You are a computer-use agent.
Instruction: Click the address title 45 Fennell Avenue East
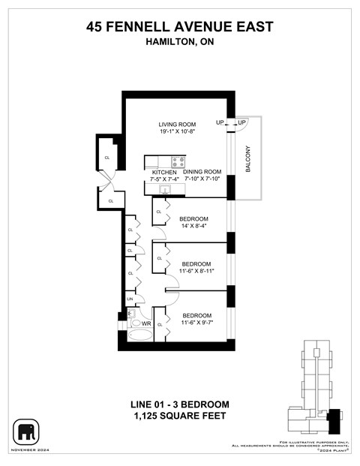(180, 28)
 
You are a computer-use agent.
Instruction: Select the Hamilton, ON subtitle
(180, 43)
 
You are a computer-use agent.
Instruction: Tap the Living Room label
(177, 124)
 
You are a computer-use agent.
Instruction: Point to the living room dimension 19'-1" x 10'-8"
(177, 132)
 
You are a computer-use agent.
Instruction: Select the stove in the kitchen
(178, 161)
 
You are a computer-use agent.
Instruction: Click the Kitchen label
(163, 172)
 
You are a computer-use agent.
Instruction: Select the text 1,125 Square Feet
(180, 416)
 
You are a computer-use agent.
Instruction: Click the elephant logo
(26, 431)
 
